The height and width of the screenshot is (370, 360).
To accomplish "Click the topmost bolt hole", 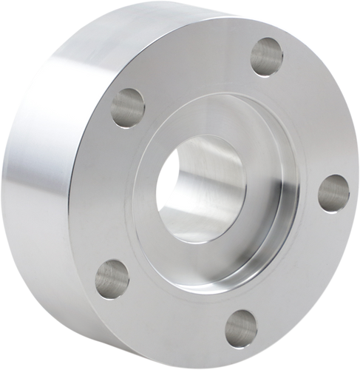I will pos(267,56).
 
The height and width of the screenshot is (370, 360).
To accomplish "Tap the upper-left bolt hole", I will pos(128,107).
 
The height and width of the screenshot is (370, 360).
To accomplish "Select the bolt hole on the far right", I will pos(333,193).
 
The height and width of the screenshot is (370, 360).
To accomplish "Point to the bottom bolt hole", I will pos(240,329).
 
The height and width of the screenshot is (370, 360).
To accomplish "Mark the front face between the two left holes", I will pos(111,192).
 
